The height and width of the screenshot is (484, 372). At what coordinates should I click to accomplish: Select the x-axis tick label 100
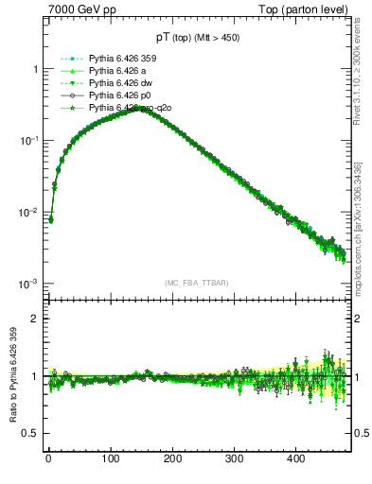point(110,459)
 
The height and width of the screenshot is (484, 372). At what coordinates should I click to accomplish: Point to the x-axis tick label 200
point(172,459)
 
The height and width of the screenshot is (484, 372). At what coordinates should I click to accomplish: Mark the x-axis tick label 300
point(234,459)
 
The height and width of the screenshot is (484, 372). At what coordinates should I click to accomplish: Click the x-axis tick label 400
point(296,459)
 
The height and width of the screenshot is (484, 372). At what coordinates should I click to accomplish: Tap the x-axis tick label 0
point(48,459)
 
